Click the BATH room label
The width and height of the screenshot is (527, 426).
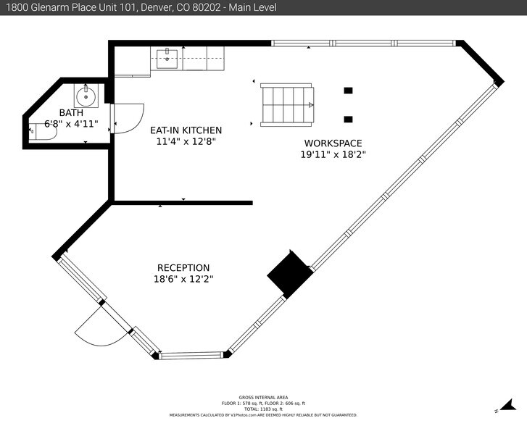pyautogui.click(x=71, y=112)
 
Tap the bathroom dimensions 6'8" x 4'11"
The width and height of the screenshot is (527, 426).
pyautogui.click(x=71, y=123)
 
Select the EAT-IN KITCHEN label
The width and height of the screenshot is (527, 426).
pyautogui.click(x=186, y=130)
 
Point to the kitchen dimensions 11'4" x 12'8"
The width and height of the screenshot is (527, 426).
pyautogui.click(x=186, y=141)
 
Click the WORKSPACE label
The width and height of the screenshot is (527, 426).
pyautogui.click(x=333, y=143)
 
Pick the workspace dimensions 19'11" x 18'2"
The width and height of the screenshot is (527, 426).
pyautogui.click(x=333, y=154)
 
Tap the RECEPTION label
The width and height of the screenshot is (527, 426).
pyautogui.click(x=183, y=267)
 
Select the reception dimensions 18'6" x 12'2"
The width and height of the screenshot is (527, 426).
pyautogui.click(x=183, y=279)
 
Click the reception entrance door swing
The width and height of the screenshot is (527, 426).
pyautogui.click(x=94, y=327)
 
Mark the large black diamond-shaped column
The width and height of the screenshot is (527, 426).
pyautogui.click(x=290, y=274)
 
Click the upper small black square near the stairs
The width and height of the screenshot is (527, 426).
pyautogui.click(x=348, y=91)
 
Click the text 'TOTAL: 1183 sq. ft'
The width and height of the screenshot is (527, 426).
pyautogui.click(x=263, y=409)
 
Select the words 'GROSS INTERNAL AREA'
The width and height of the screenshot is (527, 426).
pyautogui.click(x=263, y=397)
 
